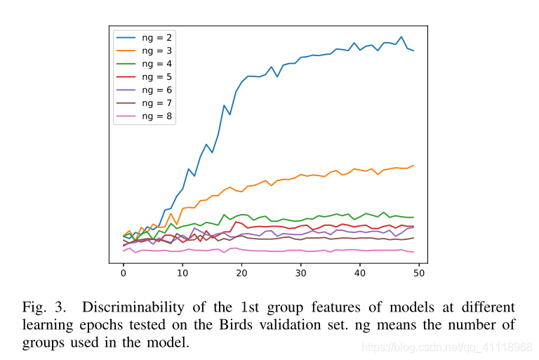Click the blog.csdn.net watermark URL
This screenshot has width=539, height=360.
click(x=445, y=347)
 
